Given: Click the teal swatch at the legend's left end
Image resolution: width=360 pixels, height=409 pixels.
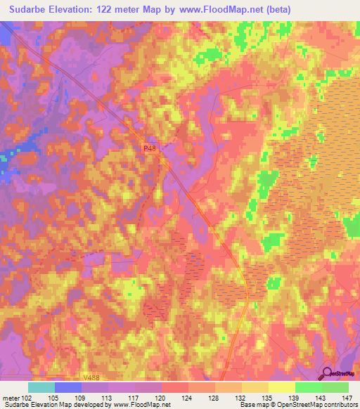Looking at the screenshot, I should (x=41, y=387).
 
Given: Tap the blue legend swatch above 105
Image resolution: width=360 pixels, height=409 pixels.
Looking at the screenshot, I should (x=68, y=387).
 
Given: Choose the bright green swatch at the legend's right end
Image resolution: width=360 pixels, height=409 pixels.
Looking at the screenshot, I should (x=335, y=387).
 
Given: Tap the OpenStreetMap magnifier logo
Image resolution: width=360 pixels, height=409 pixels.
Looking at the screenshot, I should (x=327, y=375).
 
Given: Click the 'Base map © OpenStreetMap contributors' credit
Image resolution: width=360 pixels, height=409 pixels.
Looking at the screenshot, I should (x=298, y=405).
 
